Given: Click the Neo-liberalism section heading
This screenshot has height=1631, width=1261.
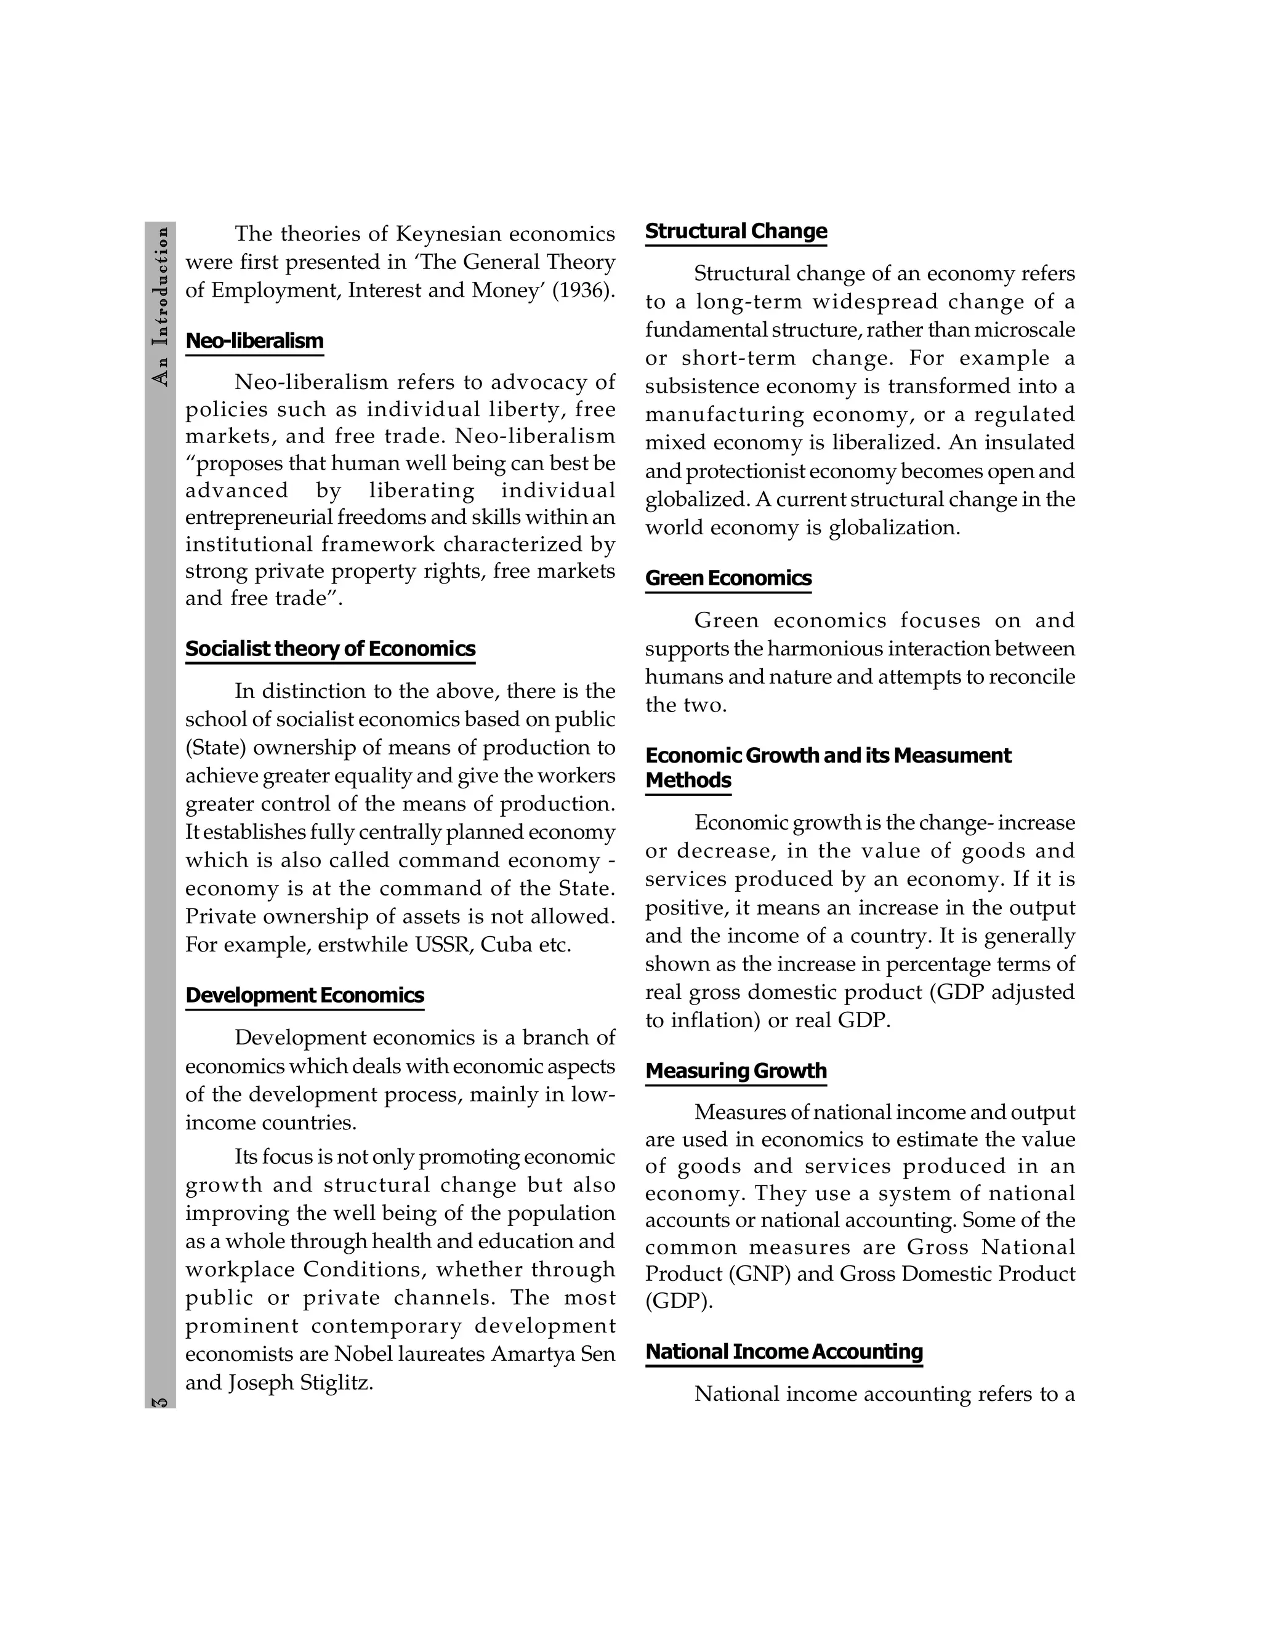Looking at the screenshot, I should point(254,342).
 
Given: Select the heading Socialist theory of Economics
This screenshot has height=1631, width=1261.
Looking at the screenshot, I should point(330,649).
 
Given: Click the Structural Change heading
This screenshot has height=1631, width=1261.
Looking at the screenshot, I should point(736,231).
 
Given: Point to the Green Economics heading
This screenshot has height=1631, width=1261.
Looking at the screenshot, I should point(728,579).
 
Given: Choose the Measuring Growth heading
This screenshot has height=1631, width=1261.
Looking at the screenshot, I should point(736,1071).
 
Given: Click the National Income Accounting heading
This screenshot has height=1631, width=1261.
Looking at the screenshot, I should point(784,1352).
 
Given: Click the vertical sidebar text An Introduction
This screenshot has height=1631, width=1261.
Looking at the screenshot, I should point(160,306).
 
